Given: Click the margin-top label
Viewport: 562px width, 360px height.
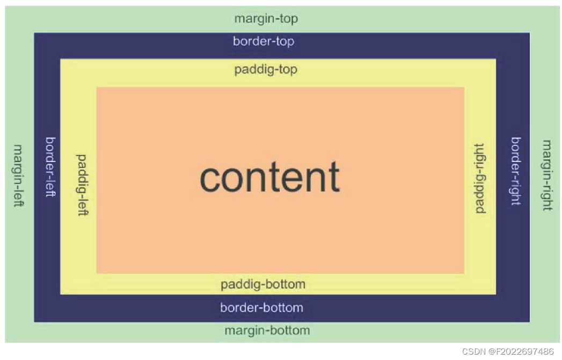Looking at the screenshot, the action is [266, 19].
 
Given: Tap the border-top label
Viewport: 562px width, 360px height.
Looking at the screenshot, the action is [263, 41].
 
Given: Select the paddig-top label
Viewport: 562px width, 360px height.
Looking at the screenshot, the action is [266, 70].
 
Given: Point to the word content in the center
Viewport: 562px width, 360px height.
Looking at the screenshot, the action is [270, 178].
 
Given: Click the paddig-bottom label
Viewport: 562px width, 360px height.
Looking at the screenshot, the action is [262, 284].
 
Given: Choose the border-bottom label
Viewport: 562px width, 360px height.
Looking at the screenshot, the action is [261, 308].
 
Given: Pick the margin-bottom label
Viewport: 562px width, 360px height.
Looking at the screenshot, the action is [267, 330].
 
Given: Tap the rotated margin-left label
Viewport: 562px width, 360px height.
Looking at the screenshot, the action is [18, 175].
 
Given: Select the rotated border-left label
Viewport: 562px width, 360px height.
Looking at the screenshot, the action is [50, 167].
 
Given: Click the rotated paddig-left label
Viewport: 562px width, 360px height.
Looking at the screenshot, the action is [82, 185].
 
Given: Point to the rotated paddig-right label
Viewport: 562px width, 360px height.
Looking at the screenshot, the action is [480, 179].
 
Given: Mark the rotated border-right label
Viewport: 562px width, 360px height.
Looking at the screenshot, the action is [515, 171].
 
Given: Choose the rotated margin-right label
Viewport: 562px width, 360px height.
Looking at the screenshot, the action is [546, 175].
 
